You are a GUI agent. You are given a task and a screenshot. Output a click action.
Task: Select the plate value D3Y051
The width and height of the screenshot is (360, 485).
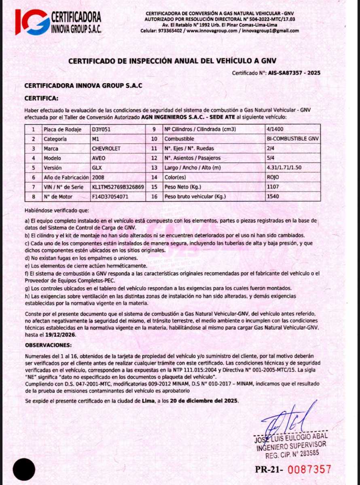[101, 130]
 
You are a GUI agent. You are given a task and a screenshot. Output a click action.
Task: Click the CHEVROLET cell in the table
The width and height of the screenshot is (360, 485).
[106, 149]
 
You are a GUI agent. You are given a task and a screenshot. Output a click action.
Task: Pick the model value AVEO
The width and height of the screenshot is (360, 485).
[99, 158]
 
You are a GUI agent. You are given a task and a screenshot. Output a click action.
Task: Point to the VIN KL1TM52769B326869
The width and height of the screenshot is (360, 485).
[118, 187]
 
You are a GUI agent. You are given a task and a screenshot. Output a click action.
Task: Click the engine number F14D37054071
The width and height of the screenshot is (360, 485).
[110, 197]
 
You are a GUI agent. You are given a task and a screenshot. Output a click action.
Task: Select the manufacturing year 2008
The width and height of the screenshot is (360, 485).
[99, 177]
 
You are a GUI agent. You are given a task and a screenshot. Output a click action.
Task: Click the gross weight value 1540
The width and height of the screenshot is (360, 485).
[273, 197]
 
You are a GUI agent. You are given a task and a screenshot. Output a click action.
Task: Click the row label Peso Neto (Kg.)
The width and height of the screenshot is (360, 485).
[183, 187]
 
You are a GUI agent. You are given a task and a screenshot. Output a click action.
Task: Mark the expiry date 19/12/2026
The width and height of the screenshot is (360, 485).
[61, 335]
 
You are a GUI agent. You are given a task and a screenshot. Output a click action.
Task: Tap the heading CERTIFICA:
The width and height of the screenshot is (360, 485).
[41, 98]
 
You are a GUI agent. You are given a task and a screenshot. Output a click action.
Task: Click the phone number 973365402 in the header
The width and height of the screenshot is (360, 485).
[169, 31]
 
